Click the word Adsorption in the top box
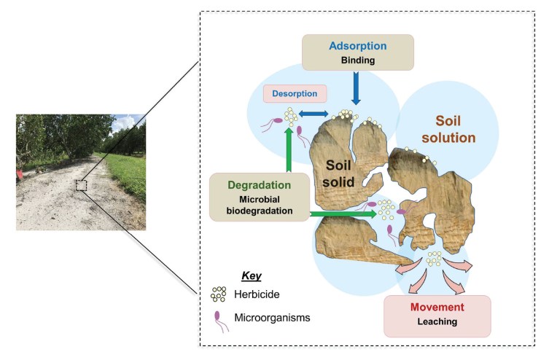(357, 46)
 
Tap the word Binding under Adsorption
(357, 60)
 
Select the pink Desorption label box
(295, 93)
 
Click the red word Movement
(437, 307)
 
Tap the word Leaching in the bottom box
(437, 321)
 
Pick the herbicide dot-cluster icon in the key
(217, 294)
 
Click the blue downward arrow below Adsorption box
(357, 91)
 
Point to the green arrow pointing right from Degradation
(343, 214)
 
